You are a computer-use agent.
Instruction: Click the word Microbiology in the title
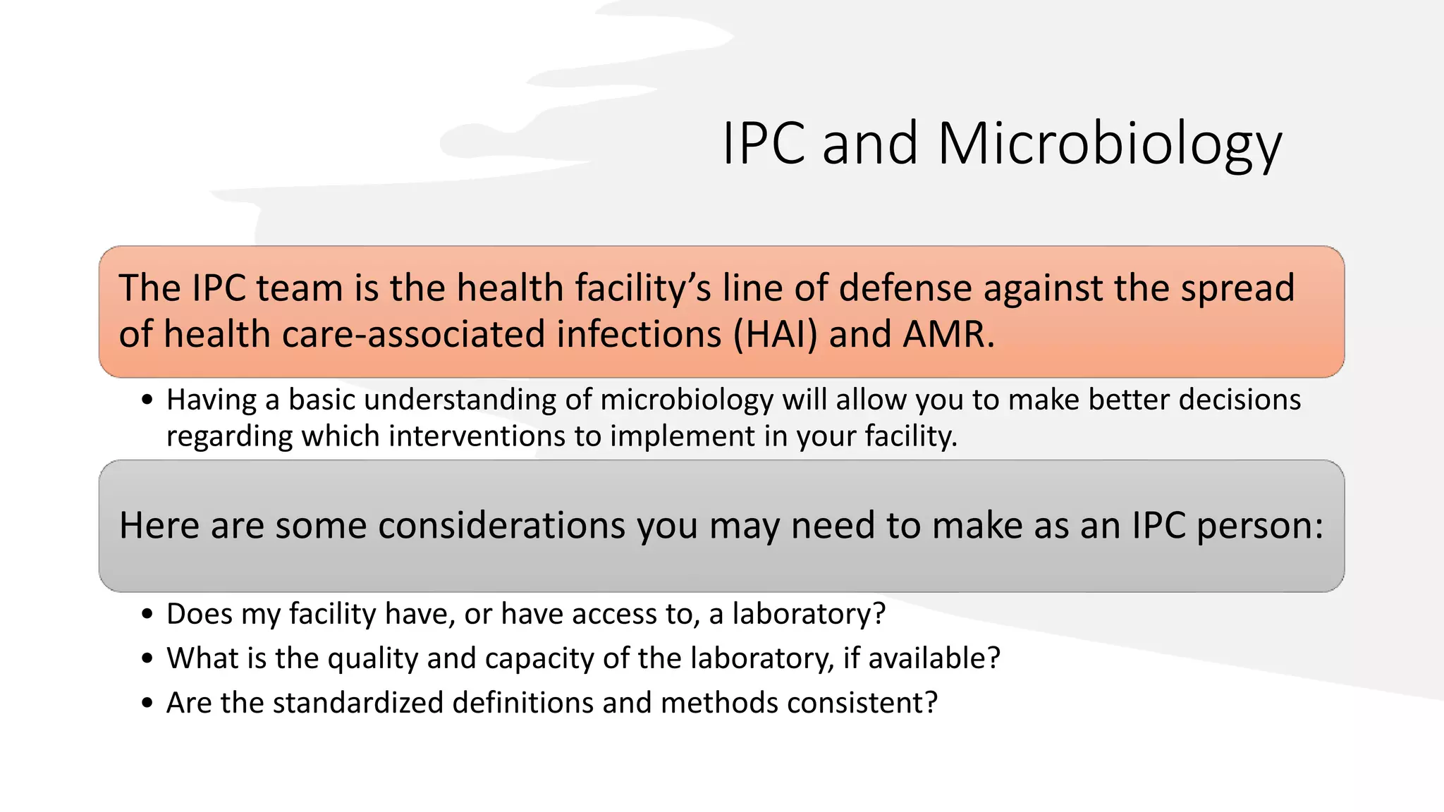(x=1109, y=144)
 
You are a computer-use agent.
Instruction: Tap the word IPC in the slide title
(x=764, y=144)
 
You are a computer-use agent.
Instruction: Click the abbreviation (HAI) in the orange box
(x=776, y=334)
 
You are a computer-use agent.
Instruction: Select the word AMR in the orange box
(x=947, y=334)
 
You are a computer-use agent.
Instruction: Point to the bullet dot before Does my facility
(x=147, y=615)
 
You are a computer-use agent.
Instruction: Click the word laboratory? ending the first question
(x=808, y=615)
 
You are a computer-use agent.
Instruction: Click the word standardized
(x=357, y=703)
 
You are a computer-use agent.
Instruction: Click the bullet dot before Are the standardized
(x=147, y=703)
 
